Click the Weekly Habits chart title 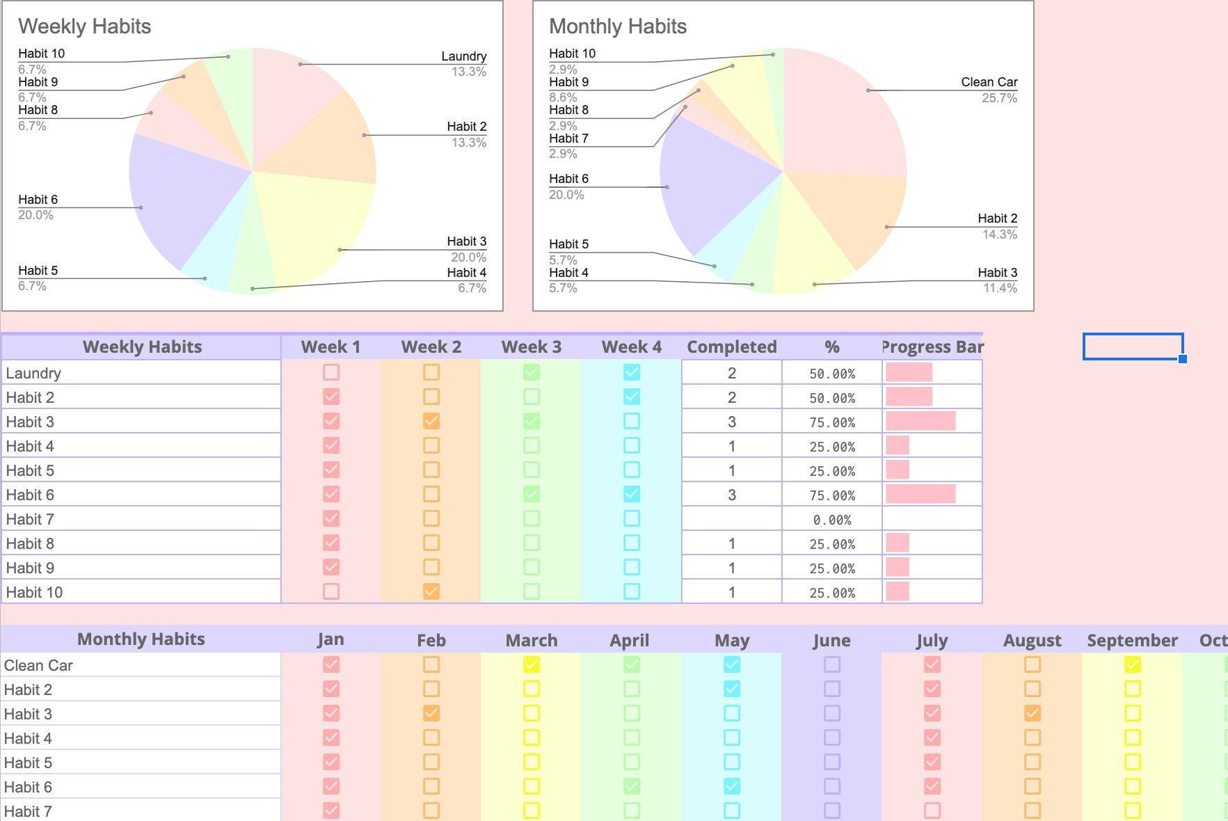84,26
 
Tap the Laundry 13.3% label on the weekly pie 464,63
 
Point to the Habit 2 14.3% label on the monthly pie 997,226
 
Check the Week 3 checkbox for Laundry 532,372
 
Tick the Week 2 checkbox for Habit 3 431,421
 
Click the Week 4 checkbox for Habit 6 632,494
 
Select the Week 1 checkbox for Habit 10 331,591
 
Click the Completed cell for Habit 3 731,422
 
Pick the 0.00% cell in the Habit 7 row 831,519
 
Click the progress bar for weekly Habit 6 920,494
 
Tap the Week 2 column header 431,346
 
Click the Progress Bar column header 932,346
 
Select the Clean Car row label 39,665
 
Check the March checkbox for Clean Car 532,664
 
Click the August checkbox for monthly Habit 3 1032,713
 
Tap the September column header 1132,640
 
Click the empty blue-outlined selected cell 1133,346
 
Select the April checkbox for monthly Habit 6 632,786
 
